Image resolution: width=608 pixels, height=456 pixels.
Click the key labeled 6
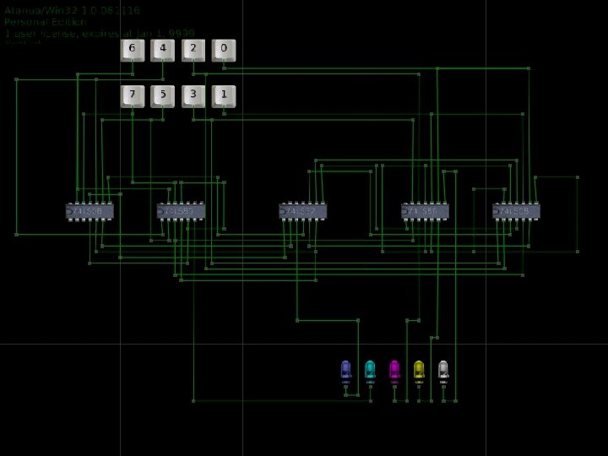(132, 50)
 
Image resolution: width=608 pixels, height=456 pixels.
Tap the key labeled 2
(193, 50)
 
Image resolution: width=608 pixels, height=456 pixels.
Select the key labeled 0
(224, 50)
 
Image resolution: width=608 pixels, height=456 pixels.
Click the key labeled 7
(132, 95)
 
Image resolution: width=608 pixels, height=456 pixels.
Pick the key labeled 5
(163, 95)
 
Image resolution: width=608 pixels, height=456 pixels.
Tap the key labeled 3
(193, 95)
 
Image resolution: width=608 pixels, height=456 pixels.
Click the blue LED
(345, 370)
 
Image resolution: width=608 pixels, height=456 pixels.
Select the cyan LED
(370, 370)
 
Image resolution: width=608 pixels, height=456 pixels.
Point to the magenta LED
(394, 370)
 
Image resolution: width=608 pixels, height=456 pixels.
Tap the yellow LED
(419, 370)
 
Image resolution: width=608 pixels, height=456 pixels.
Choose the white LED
(443, 370)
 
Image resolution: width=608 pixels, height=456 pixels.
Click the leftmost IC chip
(90, 211)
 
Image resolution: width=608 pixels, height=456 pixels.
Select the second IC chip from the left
(181, 211)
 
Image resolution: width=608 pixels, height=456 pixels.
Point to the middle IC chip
(303, 211)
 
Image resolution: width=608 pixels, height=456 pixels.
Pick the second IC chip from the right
(426, 211)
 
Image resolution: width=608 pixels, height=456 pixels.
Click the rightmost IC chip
(516, 211)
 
